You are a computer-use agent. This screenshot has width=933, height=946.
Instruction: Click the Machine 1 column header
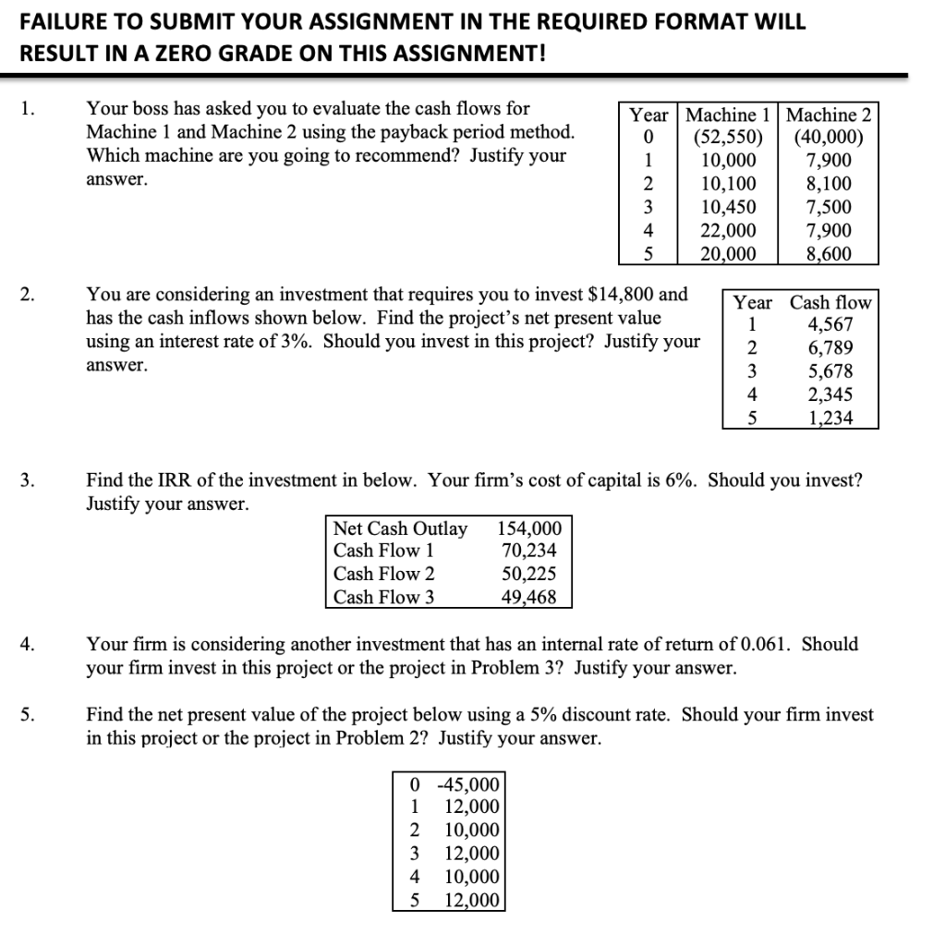click(729, 115)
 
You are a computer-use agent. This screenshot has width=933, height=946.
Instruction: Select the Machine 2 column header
click(827, 115)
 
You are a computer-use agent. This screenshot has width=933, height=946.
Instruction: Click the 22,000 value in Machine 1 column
click(729, 231)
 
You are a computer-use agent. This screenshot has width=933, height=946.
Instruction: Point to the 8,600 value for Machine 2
click(829, 254)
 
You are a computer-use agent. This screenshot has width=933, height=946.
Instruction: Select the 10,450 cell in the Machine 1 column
click(729, 208)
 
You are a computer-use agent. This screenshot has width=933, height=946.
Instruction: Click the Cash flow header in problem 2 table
click(830, 303)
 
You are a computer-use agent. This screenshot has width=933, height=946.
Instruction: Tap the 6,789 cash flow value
click(830, 348)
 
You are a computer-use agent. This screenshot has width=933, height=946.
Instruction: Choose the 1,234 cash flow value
click(830, 418)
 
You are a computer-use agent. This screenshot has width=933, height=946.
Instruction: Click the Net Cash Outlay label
click(400, 528)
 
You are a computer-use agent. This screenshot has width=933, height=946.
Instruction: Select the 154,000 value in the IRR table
click(529, 528)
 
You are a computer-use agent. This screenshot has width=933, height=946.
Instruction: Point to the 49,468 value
click(528, 597)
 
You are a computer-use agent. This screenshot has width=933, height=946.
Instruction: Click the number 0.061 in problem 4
click(769, 644)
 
